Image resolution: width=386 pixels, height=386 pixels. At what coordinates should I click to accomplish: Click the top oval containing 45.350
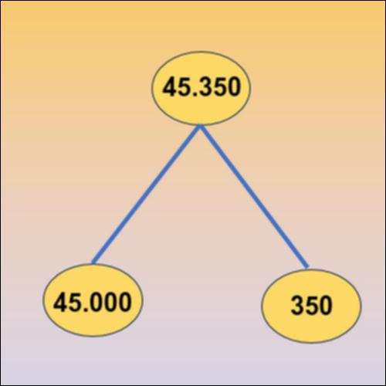coord(201,88)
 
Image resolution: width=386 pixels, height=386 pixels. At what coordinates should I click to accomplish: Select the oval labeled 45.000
coord(93,300)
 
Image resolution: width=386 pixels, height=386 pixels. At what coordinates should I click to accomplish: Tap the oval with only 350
coord(311,306)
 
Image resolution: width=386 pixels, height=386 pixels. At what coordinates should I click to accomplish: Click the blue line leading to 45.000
coord(146,195)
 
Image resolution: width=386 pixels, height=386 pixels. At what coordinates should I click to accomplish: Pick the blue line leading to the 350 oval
coord(254,196)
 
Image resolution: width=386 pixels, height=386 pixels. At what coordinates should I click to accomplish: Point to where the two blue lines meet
coord(200,126)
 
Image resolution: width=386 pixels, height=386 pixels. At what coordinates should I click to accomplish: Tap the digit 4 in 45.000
coord(61,302)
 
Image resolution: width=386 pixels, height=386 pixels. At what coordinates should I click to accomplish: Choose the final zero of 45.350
coord(234,87)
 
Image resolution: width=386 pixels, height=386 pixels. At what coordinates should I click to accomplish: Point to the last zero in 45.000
coord(125,302)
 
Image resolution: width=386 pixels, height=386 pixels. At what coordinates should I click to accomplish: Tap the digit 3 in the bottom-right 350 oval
coord(297,305)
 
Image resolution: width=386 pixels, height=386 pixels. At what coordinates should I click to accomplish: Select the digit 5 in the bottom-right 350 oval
coord(311,305)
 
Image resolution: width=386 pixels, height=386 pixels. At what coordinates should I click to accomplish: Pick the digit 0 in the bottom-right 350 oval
coord(325,305)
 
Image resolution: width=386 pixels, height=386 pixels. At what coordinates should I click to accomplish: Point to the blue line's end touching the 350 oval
coord(307,268)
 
